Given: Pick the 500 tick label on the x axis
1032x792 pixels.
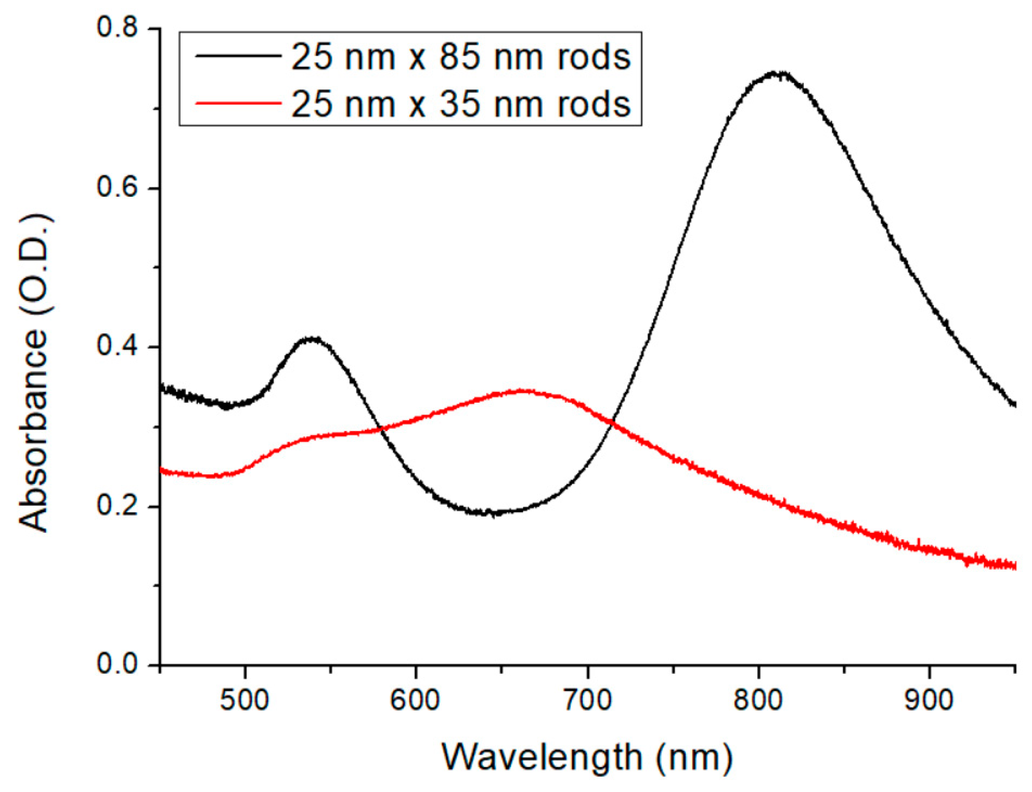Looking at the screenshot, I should click(245, 701).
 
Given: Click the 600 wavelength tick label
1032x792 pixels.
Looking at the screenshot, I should click(415, 701).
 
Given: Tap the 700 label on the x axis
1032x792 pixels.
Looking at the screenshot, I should click(587, 701).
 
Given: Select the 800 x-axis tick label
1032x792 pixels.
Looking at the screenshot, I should click(758, 701).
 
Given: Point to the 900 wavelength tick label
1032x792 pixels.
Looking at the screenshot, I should click(929, 701).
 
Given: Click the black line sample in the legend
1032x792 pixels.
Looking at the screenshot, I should click(238, 56).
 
